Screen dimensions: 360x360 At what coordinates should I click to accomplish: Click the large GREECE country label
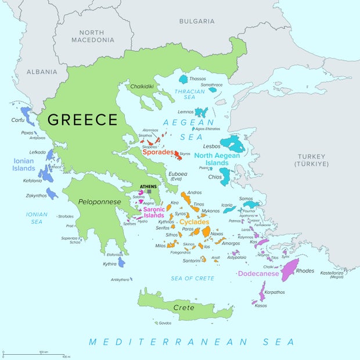click(82, 120)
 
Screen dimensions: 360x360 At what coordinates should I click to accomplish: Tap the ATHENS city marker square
click(149, 192)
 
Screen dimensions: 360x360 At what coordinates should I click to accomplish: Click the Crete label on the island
click(184, 307)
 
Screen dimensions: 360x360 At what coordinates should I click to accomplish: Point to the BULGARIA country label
click(196, 21)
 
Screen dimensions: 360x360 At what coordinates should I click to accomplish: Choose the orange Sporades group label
click(158, 153)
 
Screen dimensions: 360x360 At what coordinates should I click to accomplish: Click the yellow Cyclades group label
click(195, 222)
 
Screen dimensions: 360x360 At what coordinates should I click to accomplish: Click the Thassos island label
click(197, 78)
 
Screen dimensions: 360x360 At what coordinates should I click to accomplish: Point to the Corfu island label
click(18, 120)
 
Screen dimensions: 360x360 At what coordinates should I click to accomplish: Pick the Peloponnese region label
click(100, 202)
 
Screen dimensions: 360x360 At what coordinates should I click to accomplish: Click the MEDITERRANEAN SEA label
click(192, 342)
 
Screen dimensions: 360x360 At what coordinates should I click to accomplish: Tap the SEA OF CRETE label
click(192, 279)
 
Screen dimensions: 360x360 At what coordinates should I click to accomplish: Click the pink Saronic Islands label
click(154, 213)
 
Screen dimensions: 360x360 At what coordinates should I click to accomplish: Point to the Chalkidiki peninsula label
click(142, 87)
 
